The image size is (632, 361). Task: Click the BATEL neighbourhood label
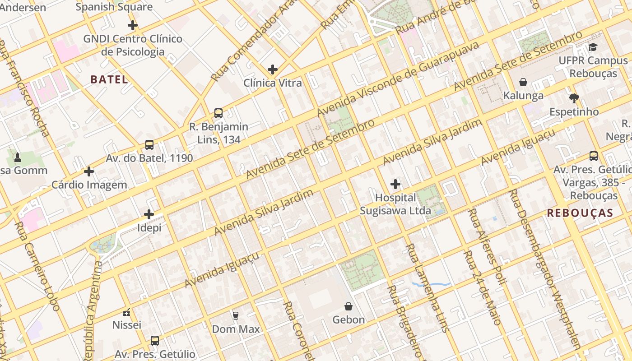pos(109,79)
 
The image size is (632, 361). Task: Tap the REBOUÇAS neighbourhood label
pos(580,213)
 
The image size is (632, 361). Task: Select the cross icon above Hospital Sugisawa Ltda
pos(395,184)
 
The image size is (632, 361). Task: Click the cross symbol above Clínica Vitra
pos(272,69)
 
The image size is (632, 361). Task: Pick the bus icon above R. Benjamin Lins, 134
pos(218,113)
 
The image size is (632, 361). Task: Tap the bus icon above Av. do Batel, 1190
pos(149,145)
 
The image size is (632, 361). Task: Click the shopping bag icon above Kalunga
pos(523,82)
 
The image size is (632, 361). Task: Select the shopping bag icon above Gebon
pos(349,306)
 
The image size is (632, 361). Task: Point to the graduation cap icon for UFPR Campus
pos(593,47)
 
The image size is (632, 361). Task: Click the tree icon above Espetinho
pos(574,98)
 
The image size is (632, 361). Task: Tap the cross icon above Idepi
pos(149,214)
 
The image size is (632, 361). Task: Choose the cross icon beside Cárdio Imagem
pos(89,171)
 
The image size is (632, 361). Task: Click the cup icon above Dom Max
pos(235,315)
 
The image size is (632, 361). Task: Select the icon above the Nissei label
pos(126,312)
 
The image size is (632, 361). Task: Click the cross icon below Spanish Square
pos(132,25)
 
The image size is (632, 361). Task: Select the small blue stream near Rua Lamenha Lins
pos(431,284)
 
